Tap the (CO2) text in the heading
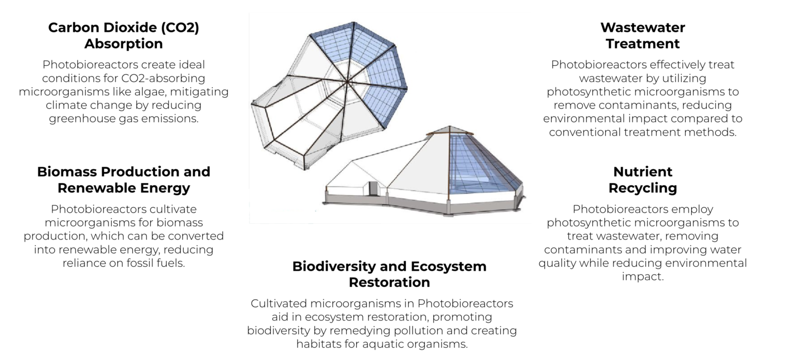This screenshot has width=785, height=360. point(180,28)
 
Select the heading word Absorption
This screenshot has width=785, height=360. point(124,44)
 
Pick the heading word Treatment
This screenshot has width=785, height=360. point(643,44)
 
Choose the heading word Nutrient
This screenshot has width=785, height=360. point(643,172)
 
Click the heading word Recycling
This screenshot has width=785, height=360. point(643,188)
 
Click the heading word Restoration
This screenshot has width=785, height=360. point(389,282)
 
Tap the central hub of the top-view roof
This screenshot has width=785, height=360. point(347,82)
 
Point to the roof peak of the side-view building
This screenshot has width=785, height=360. point(449,126)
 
